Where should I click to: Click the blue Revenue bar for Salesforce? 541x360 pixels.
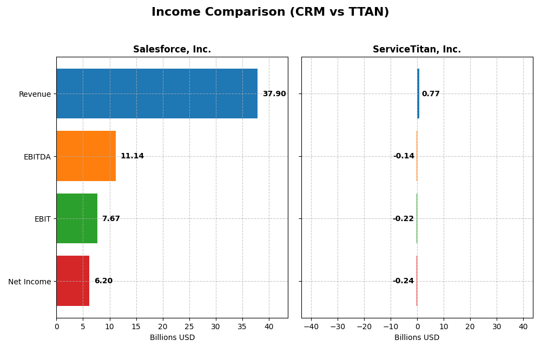157,94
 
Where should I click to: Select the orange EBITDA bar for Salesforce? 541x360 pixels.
86,156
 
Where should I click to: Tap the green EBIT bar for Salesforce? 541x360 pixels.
77,218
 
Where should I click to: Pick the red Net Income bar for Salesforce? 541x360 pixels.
73,281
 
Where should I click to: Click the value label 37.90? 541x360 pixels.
274,94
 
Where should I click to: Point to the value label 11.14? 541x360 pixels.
132,156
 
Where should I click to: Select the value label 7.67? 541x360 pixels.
111,219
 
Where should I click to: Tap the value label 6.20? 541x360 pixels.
103,281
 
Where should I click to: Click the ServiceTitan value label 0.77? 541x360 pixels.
431,94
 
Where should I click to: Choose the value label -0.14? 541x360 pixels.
404,156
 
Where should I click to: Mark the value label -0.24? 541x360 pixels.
403,281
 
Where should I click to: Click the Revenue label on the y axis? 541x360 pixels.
35,95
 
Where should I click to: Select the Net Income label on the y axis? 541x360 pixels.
30,282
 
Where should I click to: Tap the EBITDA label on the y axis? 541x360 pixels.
37,157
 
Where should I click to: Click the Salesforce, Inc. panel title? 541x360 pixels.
172,50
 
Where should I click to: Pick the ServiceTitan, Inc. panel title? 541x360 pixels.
417,50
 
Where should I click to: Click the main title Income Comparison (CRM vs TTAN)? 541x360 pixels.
270,12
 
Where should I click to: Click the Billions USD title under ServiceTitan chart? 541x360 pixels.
417,338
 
